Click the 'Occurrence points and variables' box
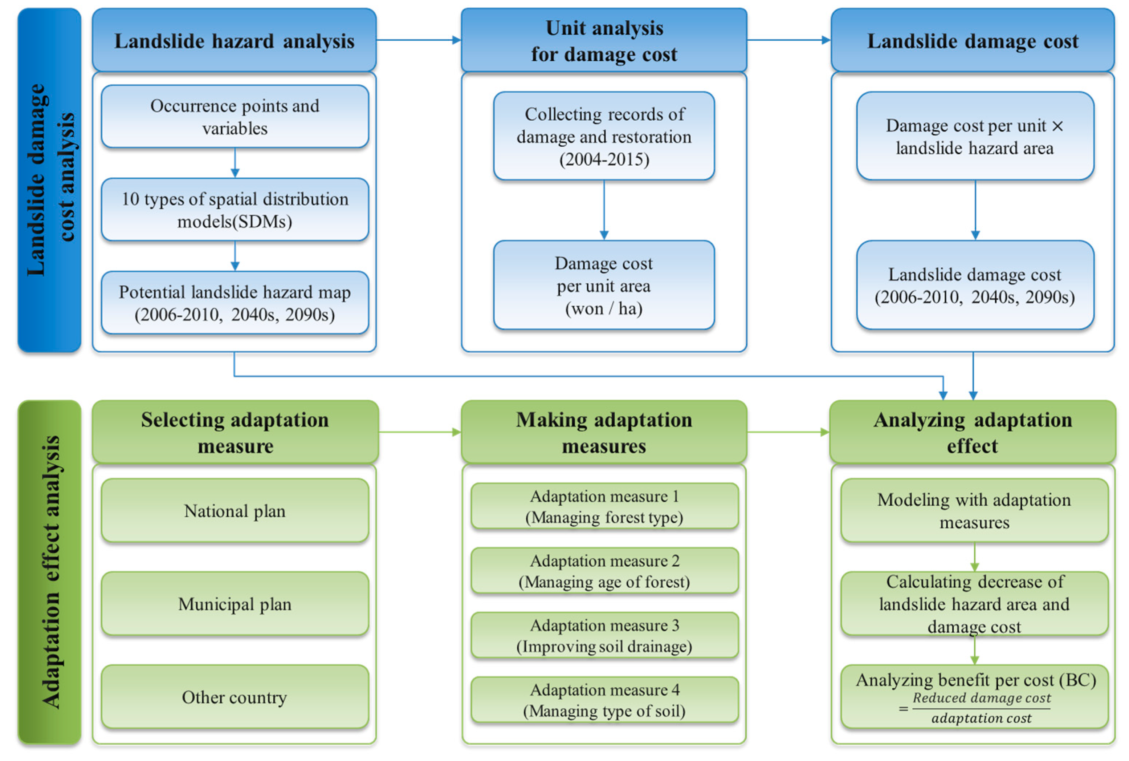coord(235,117)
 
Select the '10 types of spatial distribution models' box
coord(235,210)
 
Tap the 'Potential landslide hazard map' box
coord(235,303)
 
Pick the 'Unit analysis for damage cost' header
coord(604,41)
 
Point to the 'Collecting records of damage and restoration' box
coord(604,136)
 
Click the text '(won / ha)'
coord(604,309)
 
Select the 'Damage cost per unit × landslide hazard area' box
coord(975,136)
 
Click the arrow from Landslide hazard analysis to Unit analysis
coord(419,40)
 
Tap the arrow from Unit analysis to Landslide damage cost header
coord(788,40)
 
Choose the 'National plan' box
coord(235,511)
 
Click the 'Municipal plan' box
coord(235,604)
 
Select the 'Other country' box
coord(235,697)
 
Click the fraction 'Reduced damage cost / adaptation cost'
coord(981,708)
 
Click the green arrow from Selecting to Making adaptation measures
coord(420,432)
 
